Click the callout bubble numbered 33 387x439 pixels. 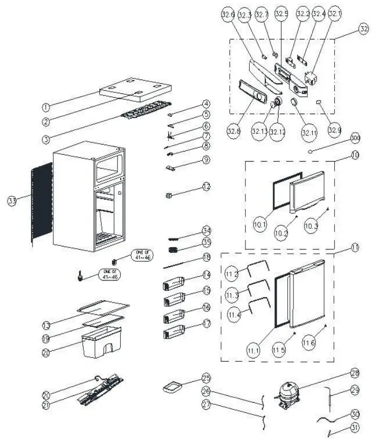coord(12,201)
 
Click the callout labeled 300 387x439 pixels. coord(354,138)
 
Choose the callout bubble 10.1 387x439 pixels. coord(260,225)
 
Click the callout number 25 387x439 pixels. coord(206,378)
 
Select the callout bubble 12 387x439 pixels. coord(206,187)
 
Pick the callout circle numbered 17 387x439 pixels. coord(206,324)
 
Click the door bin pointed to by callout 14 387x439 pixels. coord(173,283)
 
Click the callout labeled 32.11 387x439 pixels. coord(309,129)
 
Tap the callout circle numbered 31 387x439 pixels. coord(354,427)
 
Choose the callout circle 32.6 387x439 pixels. coord(228,15)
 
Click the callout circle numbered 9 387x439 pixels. coord(206,160)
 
